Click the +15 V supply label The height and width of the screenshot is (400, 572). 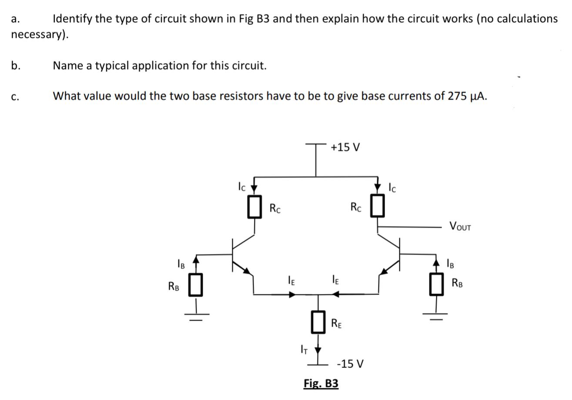tap(345, 147)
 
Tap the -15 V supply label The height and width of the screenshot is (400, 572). tap(351, 363)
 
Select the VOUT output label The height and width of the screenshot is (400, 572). tap(460, 227)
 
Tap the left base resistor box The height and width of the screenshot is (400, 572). tap(196, 285)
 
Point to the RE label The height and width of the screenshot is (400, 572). tap(336, 323)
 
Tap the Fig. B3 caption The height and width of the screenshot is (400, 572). tap(321, 383)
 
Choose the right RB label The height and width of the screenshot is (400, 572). tap(457, 283)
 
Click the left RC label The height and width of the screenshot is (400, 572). tap(275, 208)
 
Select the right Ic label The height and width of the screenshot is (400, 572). tap(392, 187)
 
